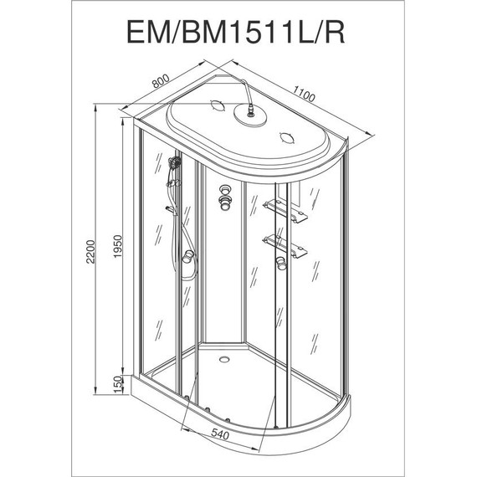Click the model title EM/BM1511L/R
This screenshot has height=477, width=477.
coord(236,32)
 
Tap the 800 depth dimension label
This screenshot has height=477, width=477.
coord(161,81)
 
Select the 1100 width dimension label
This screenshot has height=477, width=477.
coord(304,94)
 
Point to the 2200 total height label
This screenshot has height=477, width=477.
coord(90,252)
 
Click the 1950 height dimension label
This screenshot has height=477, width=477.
coord(117,246)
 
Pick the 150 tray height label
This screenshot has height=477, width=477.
coord(117,384)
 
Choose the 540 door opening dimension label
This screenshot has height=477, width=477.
coord(220,434)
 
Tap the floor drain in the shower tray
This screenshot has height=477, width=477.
coord(225,359)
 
